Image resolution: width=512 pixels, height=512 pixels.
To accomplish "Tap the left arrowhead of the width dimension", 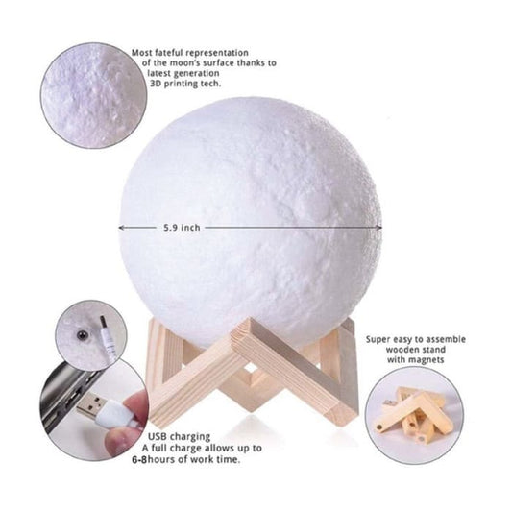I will click(x=122, y=228).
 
